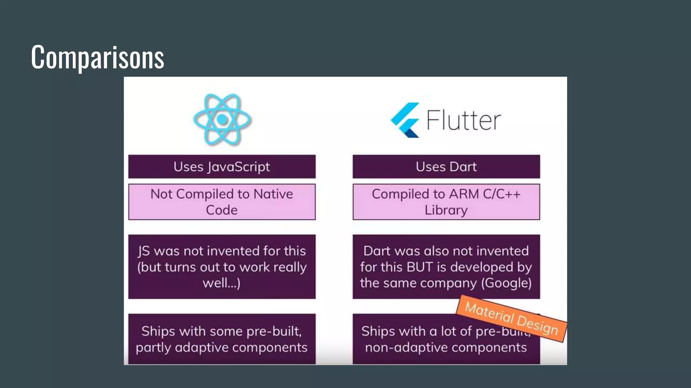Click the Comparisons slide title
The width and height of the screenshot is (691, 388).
97,57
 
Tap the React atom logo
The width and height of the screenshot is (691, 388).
222,120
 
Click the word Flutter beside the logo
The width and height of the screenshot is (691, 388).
464,120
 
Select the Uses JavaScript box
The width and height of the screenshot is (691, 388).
222,167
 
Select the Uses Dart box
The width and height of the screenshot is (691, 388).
446,167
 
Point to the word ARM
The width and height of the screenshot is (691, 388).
464,194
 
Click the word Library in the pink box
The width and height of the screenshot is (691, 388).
446,210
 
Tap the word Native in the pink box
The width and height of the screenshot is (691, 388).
273,194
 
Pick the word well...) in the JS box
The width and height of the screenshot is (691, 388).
221,283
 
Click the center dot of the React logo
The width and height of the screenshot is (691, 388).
222,119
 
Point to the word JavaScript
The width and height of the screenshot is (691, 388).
239,167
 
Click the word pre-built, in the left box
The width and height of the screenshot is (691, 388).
274,331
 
